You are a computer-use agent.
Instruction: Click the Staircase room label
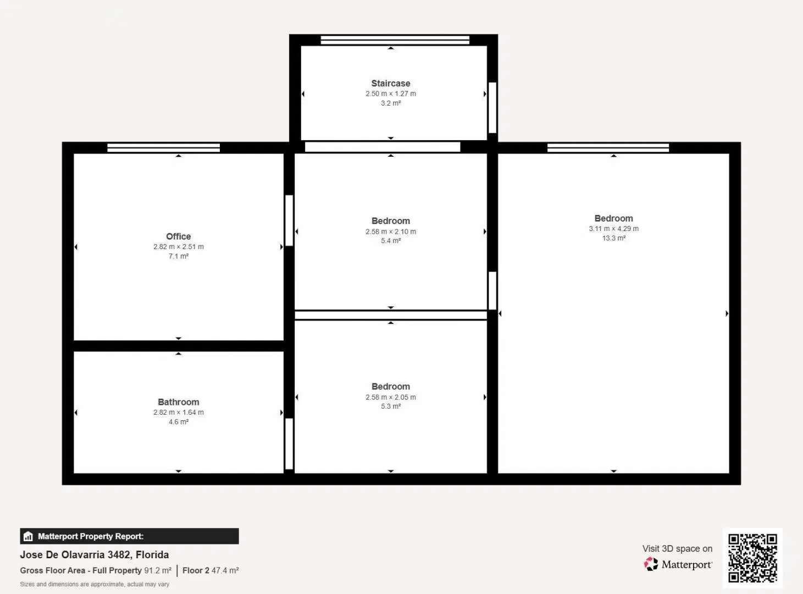(391, 84)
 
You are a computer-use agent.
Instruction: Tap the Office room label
(179, 237)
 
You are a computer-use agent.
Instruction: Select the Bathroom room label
(179, 402)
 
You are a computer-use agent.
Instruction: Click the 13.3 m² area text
(613, 238)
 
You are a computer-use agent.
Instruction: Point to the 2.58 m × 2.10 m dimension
(391, 232)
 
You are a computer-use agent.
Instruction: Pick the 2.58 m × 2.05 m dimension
(391, 397)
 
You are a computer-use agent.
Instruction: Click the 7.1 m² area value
(179, 256)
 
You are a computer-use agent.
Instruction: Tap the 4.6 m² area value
(179, 422)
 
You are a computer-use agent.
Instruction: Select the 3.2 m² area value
(391, 103)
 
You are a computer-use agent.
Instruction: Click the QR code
(752, 558)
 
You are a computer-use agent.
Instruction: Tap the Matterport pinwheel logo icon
(651, 564)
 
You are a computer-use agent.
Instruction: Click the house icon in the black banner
(28, 536)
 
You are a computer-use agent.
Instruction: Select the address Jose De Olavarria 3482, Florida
(95, 555)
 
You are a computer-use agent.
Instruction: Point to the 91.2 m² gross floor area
(158, 570)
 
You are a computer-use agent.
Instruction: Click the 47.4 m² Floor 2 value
(225, 570)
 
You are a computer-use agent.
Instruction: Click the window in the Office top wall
(164, 148)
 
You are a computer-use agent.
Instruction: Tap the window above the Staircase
(395, 40)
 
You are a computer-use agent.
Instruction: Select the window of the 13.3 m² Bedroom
(608, 148)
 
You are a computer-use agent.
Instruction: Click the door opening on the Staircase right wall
(492, 108)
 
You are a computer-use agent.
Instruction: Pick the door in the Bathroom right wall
(289, 444)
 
